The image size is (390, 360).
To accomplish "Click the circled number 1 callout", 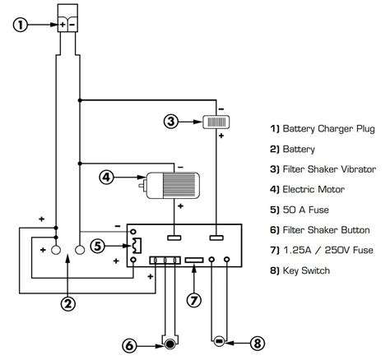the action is pos(21,25).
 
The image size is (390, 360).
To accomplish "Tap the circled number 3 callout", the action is pos(171,121).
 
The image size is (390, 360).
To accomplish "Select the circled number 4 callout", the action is pos(106,178).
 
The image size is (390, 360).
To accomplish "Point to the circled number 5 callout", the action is pos(98,246).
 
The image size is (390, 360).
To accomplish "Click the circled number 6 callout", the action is pos(129,346).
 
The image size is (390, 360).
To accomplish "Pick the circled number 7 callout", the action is pos(194,300).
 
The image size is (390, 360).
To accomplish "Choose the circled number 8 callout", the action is pos(258,343).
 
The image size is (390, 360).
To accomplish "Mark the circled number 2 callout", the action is pos(68,303).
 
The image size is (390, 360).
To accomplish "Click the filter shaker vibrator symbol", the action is pos(216,122).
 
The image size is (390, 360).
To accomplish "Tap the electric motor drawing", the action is pos(169,185).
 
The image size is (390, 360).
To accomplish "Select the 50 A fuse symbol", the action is pos(137,246).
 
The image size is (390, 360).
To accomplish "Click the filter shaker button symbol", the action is pos(170,344).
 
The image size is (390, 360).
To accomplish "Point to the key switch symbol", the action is pos(219,341).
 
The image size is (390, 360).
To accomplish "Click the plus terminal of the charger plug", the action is pos(63,25).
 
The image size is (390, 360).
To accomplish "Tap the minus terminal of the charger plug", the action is pos(72,25).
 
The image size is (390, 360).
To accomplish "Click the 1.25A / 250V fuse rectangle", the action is pos(194,260).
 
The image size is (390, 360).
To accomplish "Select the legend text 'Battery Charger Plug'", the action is pos(328,129).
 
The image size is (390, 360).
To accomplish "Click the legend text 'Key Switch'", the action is pos(306,270).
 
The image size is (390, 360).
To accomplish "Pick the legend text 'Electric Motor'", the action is pos(313,189).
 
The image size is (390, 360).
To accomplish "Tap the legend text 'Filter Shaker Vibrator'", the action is pos(329,169).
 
